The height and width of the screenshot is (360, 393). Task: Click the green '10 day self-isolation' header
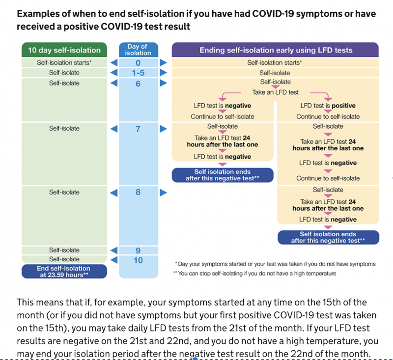click(64, 50)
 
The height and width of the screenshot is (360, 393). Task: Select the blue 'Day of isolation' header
click(138, 50)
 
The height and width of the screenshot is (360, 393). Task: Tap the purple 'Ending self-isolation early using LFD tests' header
click(275, 50)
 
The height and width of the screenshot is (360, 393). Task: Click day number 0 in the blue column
click(138, 63)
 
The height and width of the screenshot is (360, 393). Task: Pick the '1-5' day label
click(138, 73)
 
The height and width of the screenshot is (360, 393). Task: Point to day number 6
click(138, 83)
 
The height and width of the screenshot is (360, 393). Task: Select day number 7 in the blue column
click(138, 129)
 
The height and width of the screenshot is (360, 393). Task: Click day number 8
click(138, 192)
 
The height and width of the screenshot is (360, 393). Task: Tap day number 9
click(138, 250)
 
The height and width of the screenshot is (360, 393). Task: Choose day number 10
click(138, 260)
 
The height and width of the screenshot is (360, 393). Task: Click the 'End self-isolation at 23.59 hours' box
click(64, 272)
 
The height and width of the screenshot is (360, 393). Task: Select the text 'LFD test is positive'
click(328, 106)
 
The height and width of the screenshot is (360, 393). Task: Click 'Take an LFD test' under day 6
click(275, 92)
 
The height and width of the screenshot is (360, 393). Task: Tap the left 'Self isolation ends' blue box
click(222, 175)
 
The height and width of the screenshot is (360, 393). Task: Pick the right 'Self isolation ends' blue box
click(328, 237)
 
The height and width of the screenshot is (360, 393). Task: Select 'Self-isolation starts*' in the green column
click(64, 63)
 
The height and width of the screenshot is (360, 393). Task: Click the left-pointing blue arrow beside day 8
click(113, 193)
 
